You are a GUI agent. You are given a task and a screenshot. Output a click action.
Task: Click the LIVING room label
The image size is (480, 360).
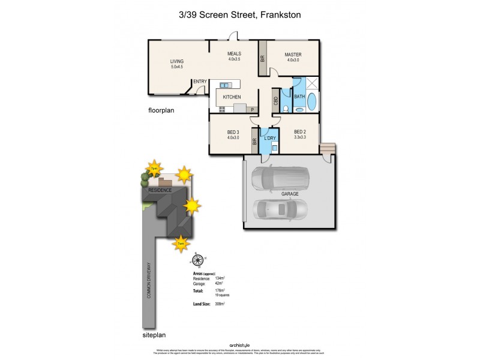point(176,61)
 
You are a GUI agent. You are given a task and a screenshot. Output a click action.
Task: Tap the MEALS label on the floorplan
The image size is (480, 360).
point(234,53)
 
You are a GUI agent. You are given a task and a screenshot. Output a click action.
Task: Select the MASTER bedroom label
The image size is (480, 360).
point(293,53)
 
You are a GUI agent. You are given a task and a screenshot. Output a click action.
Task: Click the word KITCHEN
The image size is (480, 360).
point(232,97)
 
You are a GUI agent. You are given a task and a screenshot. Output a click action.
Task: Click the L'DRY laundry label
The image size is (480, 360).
point(270,139)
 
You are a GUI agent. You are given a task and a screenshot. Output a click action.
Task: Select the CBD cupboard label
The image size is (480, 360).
point(275,101)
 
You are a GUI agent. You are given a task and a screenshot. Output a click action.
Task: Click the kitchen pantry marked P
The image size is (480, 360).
point(252,110)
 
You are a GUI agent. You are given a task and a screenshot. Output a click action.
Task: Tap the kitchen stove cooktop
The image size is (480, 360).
point(222,109)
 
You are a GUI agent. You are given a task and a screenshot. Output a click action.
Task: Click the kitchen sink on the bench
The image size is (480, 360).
point(226,85)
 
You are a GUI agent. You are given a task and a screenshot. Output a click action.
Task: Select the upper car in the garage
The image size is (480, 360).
point(281,177)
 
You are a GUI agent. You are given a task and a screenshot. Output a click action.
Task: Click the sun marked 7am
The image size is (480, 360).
point(181,243)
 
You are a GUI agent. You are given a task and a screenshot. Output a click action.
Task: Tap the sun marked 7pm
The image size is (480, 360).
point(155,168)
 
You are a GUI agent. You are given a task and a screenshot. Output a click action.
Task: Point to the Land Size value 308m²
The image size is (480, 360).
point(219,304)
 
